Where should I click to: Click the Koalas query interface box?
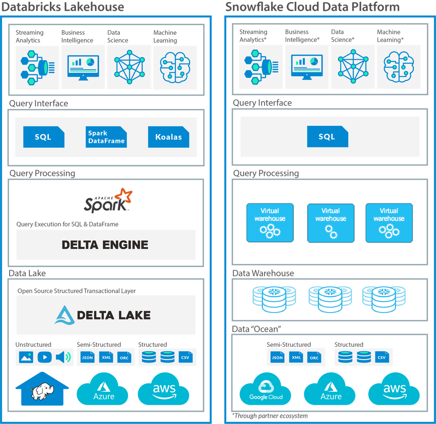point(169,137)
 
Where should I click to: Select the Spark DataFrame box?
point(106,137)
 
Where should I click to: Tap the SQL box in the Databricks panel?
point(44,137)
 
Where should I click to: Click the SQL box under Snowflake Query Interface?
point(327,136)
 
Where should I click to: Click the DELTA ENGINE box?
point(106,244)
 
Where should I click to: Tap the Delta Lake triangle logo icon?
point(65,315)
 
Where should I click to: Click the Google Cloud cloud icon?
point(266,389)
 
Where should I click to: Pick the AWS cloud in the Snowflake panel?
point(394,389)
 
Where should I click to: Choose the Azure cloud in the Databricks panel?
point(103,389)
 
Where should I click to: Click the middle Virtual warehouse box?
point(330,223)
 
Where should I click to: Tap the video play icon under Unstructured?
point(44,357)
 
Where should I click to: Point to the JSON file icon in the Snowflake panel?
point(277,357)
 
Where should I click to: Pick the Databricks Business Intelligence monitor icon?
point(83,68)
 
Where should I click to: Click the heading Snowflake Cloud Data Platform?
point(312,7)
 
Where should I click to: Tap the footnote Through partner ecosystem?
point(270,416)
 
